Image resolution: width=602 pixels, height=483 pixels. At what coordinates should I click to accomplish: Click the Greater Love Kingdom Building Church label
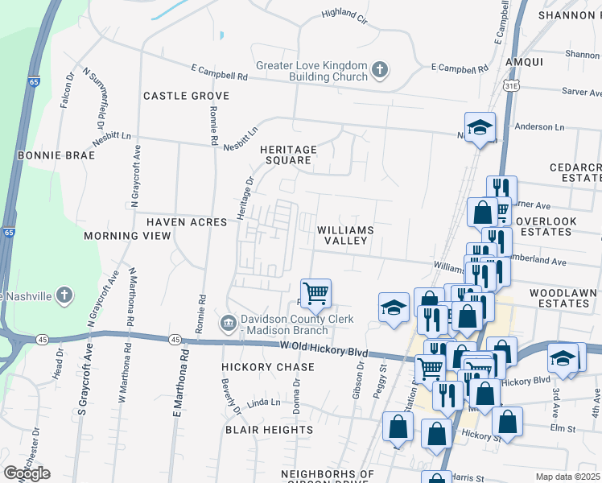[x=312, y=72]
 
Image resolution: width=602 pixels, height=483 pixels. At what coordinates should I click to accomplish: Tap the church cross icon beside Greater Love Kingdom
[x=379, y=71]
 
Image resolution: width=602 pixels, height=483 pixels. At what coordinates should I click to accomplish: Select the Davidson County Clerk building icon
[x=229, y=324]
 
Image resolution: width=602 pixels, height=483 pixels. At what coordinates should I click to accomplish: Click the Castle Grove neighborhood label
[x=186, y=96]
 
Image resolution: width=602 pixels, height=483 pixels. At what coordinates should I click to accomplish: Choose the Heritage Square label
[x=288, y=155]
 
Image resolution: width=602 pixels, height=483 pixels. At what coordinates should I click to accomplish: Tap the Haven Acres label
[x=186, y=221]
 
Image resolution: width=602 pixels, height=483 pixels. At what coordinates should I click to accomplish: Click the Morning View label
[x=127, y=236]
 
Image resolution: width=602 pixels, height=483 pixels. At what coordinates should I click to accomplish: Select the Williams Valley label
[x=345, y=235]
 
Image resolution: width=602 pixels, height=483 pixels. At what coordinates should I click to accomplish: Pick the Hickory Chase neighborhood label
[x=256, y=367]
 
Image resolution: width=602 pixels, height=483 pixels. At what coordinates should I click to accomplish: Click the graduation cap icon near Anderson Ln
[x=480, y=126]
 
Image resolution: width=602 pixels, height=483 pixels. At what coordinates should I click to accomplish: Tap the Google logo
[x=26, y=473]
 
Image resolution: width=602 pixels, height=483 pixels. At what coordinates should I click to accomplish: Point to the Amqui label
[x=525, y=61]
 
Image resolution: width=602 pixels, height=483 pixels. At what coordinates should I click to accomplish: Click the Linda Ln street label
[x=263, y=402]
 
